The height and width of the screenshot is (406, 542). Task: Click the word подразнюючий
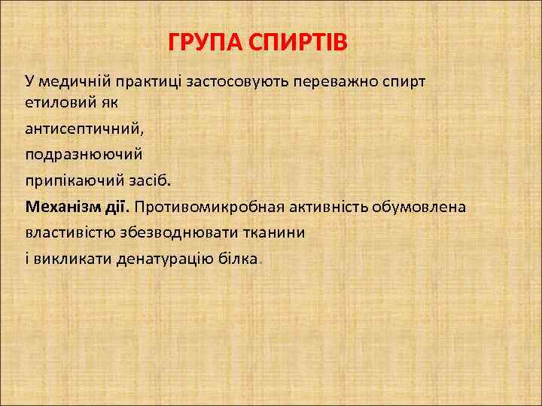click(x=83, y=154)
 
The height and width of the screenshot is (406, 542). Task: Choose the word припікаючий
click(x=69, y=180)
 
